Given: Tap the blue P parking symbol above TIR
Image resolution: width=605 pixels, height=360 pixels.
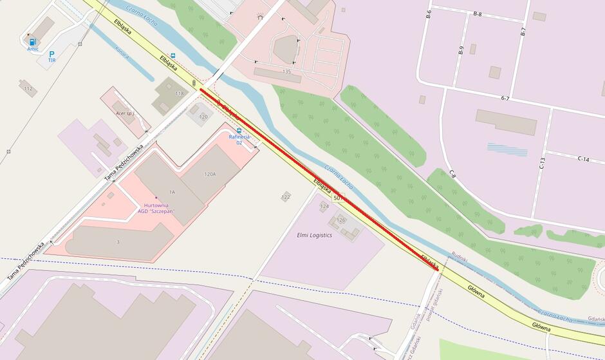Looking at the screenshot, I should pyautogui.click(x=51, y=53).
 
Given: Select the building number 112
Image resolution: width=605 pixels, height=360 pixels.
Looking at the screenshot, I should pyautogui.click(x=28, y=89).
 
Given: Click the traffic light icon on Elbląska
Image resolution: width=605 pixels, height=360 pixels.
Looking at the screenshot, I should pyautogui.click(x=194, y=83).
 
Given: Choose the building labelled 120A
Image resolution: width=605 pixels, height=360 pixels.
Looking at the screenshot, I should pyautogui.click(x=210, y=174).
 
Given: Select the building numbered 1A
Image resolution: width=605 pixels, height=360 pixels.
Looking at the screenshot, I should pyautogui.click(x=172, y=193).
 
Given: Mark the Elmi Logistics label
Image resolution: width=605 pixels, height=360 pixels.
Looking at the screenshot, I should pyautogui.click(x=314, y=235).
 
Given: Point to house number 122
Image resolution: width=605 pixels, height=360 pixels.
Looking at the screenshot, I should pyautogui.click(x=286, y=197).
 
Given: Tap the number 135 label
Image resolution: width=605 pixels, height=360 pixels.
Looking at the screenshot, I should pyautogui.click(x=286, y=71).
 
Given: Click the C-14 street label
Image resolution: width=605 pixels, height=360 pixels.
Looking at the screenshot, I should pyautogui.click(x=583, y=158).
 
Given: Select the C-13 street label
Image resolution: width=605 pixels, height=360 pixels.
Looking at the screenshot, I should pyautogui.click(x=542, y=163).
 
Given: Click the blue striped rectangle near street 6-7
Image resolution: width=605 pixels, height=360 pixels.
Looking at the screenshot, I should pyautogui.click(x=507, y=149).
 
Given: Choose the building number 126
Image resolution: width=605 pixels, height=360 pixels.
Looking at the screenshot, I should pyautogui.click(x=341, y=220).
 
